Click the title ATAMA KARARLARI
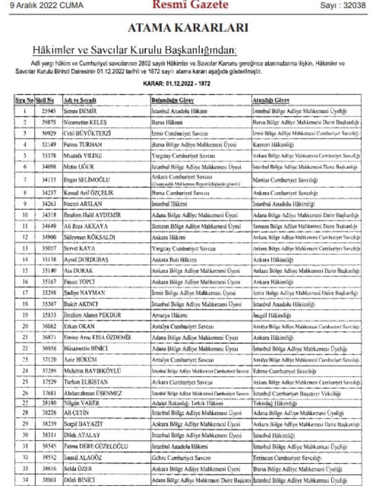[x=188, y=28]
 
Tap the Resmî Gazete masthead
[x=190, y=5]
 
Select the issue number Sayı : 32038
[x=343, y=5]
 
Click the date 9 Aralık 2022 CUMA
[x=46, y=5]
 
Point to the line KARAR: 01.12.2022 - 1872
[x=177, y=83]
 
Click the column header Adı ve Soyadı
[x=80, y=100]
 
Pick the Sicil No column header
[x=45, y=100]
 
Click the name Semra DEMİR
[x=80, y=111]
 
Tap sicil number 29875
[x=49, y=122]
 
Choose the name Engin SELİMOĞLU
[x=87, y=180]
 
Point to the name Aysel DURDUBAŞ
[x=86, y=260]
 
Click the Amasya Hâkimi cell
[x=170, y=315]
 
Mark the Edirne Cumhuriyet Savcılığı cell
[x=285, y=371]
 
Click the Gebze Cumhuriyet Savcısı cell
[x=181, y=458]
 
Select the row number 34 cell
[x=25, y=480]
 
